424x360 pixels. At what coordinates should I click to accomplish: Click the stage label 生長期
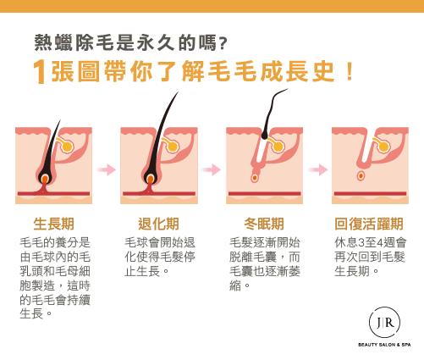53,224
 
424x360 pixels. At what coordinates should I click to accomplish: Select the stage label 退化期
158,224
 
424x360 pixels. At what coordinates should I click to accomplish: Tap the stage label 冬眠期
264,224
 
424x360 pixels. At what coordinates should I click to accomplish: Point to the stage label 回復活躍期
369,224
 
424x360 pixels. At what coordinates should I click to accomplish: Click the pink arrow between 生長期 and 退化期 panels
106,169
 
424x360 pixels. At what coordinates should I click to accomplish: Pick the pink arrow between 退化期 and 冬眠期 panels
211,169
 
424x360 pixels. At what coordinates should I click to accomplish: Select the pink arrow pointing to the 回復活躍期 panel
318,169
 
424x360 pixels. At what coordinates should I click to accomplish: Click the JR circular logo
384,323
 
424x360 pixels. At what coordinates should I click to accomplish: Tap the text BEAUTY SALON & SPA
384,345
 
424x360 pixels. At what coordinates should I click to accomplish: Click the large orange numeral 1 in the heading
39,72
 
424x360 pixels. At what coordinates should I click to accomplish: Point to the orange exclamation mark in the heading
350,71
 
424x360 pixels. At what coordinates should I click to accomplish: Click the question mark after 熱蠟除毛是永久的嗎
223,43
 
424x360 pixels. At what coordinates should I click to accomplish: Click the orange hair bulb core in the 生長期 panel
45,179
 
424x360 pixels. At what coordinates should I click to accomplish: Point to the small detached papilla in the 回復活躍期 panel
361,176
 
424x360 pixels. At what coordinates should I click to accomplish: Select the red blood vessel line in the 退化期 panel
159,194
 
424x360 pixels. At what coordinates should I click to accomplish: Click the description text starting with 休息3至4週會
370,257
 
